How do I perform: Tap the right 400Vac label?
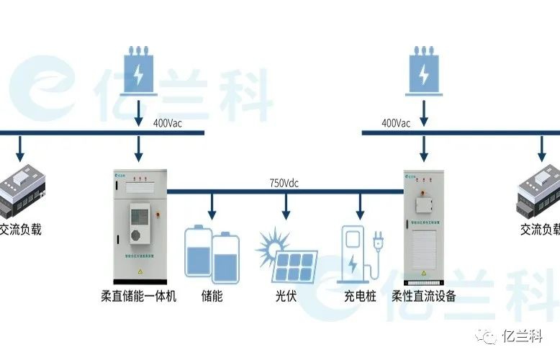(396, 123)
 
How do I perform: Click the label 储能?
(212, 296)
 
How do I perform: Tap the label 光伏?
(285, 296)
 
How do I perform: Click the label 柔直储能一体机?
(139, 296)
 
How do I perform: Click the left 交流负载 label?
(21, 230)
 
